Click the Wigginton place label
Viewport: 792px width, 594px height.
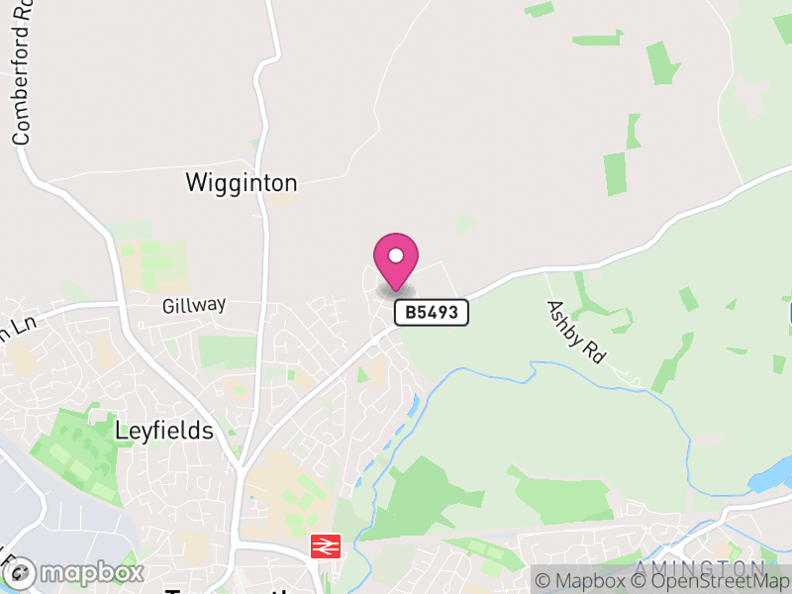click(x=242, y=183)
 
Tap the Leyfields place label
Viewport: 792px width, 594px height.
click(x=164, y=431)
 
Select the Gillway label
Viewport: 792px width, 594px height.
click(x=195, y=305)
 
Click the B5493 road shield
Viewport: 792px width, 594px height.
click(x=431, y=313)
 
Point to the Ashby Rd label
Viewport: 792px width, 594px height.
click(x=575, y=331)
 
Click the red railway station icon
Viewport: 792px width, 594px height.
click(x=326, y=545)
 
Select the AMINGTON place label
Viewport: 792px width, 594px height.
click(x=699, y=569)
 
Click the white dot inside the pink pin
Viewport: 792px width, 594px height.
click(x=396, y=254)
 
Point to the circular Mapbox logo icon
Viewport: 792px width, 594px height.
click(x=22, y=572)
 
